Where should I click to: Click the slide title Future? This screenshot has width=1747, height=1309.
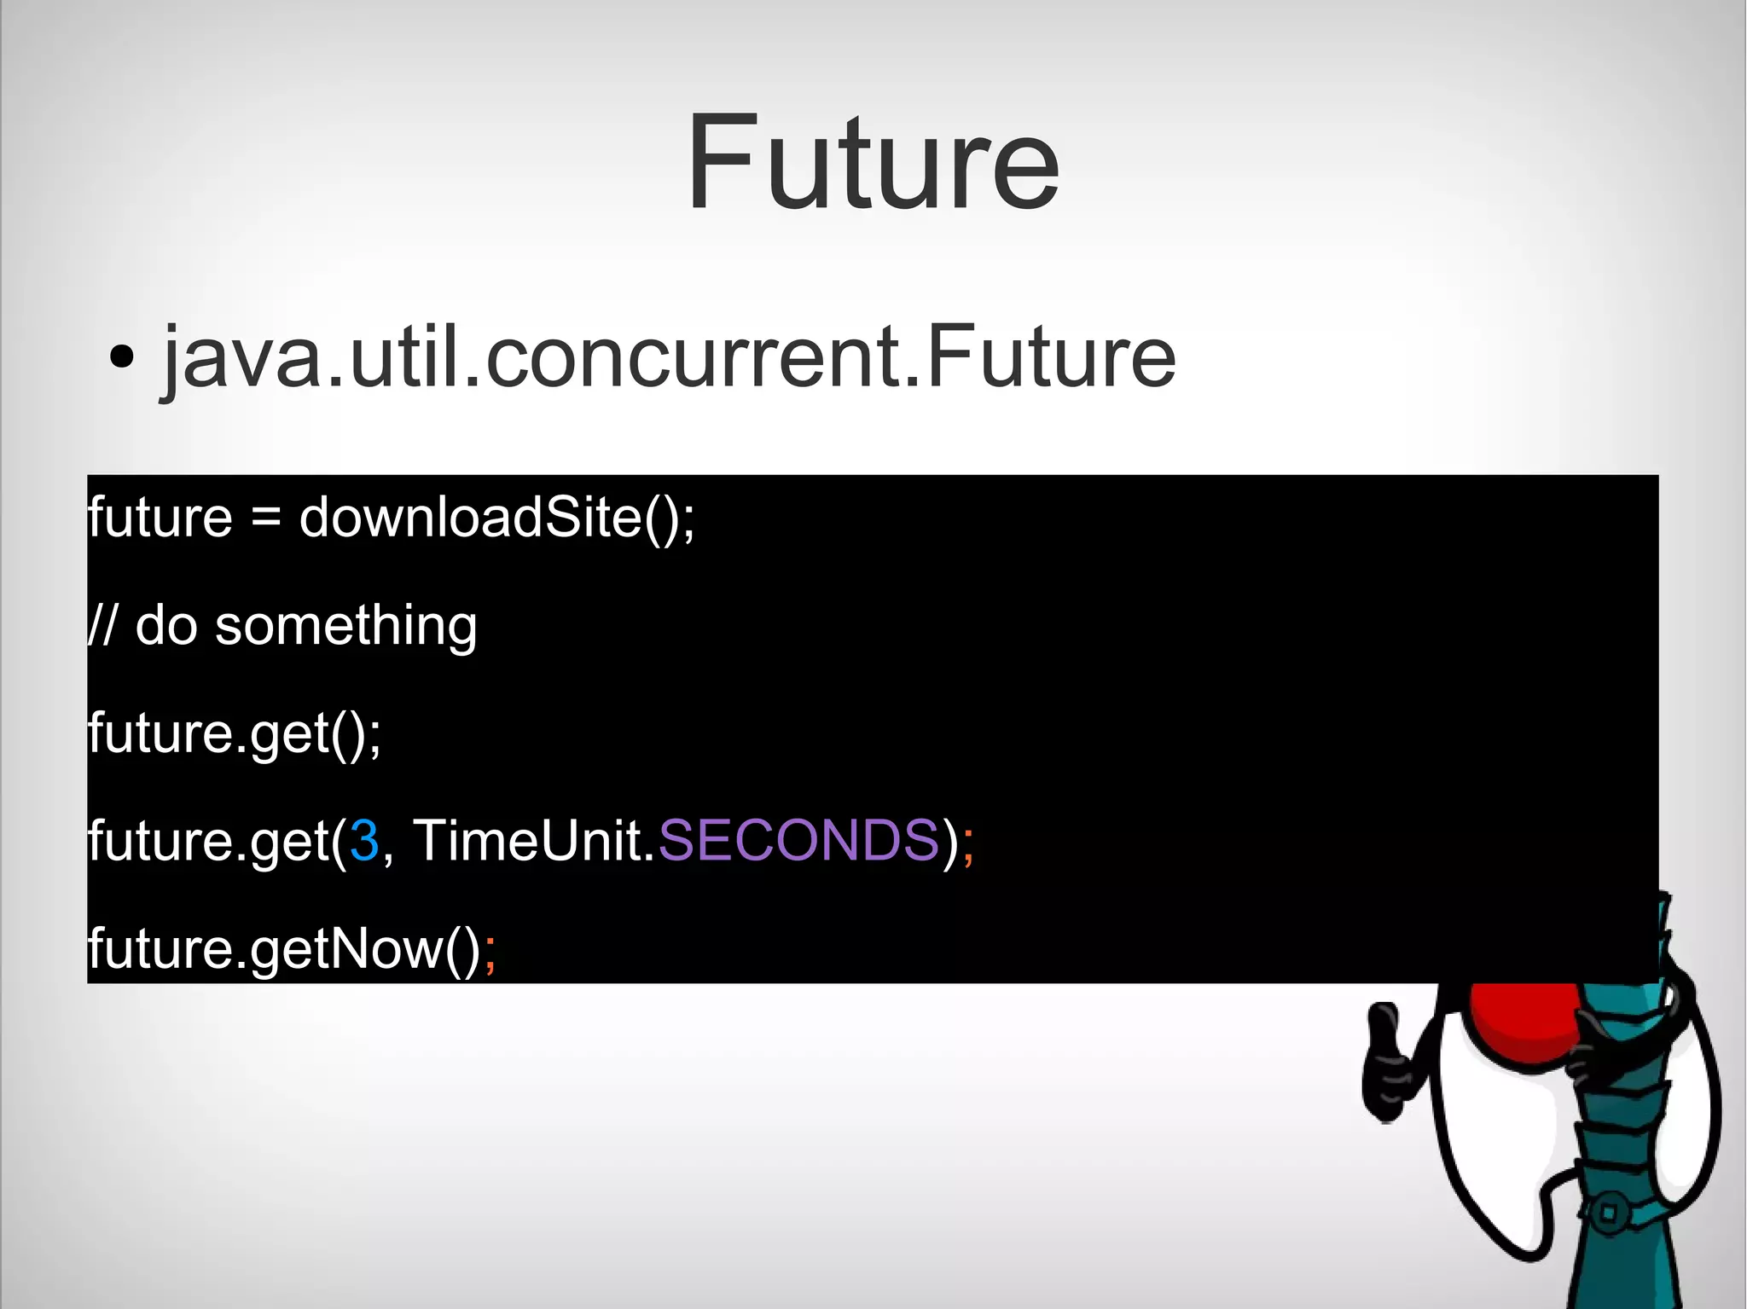tap(873, 162)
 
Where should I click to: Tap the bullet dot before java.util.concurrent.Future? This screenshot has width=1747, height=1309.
tap(122, 356)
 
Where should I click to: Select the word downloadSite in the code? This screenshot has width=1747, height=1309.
tap(469, 517)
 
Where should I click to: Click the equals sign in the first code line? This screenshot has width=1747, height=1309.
tap(266, 518)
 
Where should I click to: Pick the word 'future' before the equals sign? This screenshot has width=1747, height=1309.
tap(160, 517)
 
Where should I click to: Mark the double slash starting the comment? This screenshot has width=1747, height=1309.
tap(102, 625)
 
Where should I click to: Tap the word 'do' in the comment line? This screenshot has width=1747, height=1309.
tap(166, 625)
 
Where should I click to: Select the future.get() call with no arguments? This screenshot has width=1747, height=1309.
tap(235, 733)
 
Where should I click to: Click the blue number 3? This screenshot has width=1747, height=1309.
tap(364, 841)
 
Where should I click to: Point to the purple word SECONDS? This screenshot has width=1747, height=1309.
tap(798, 841)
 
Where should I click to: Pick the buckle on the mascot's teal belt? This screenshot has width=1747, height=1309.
tap(1608, 1211)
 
